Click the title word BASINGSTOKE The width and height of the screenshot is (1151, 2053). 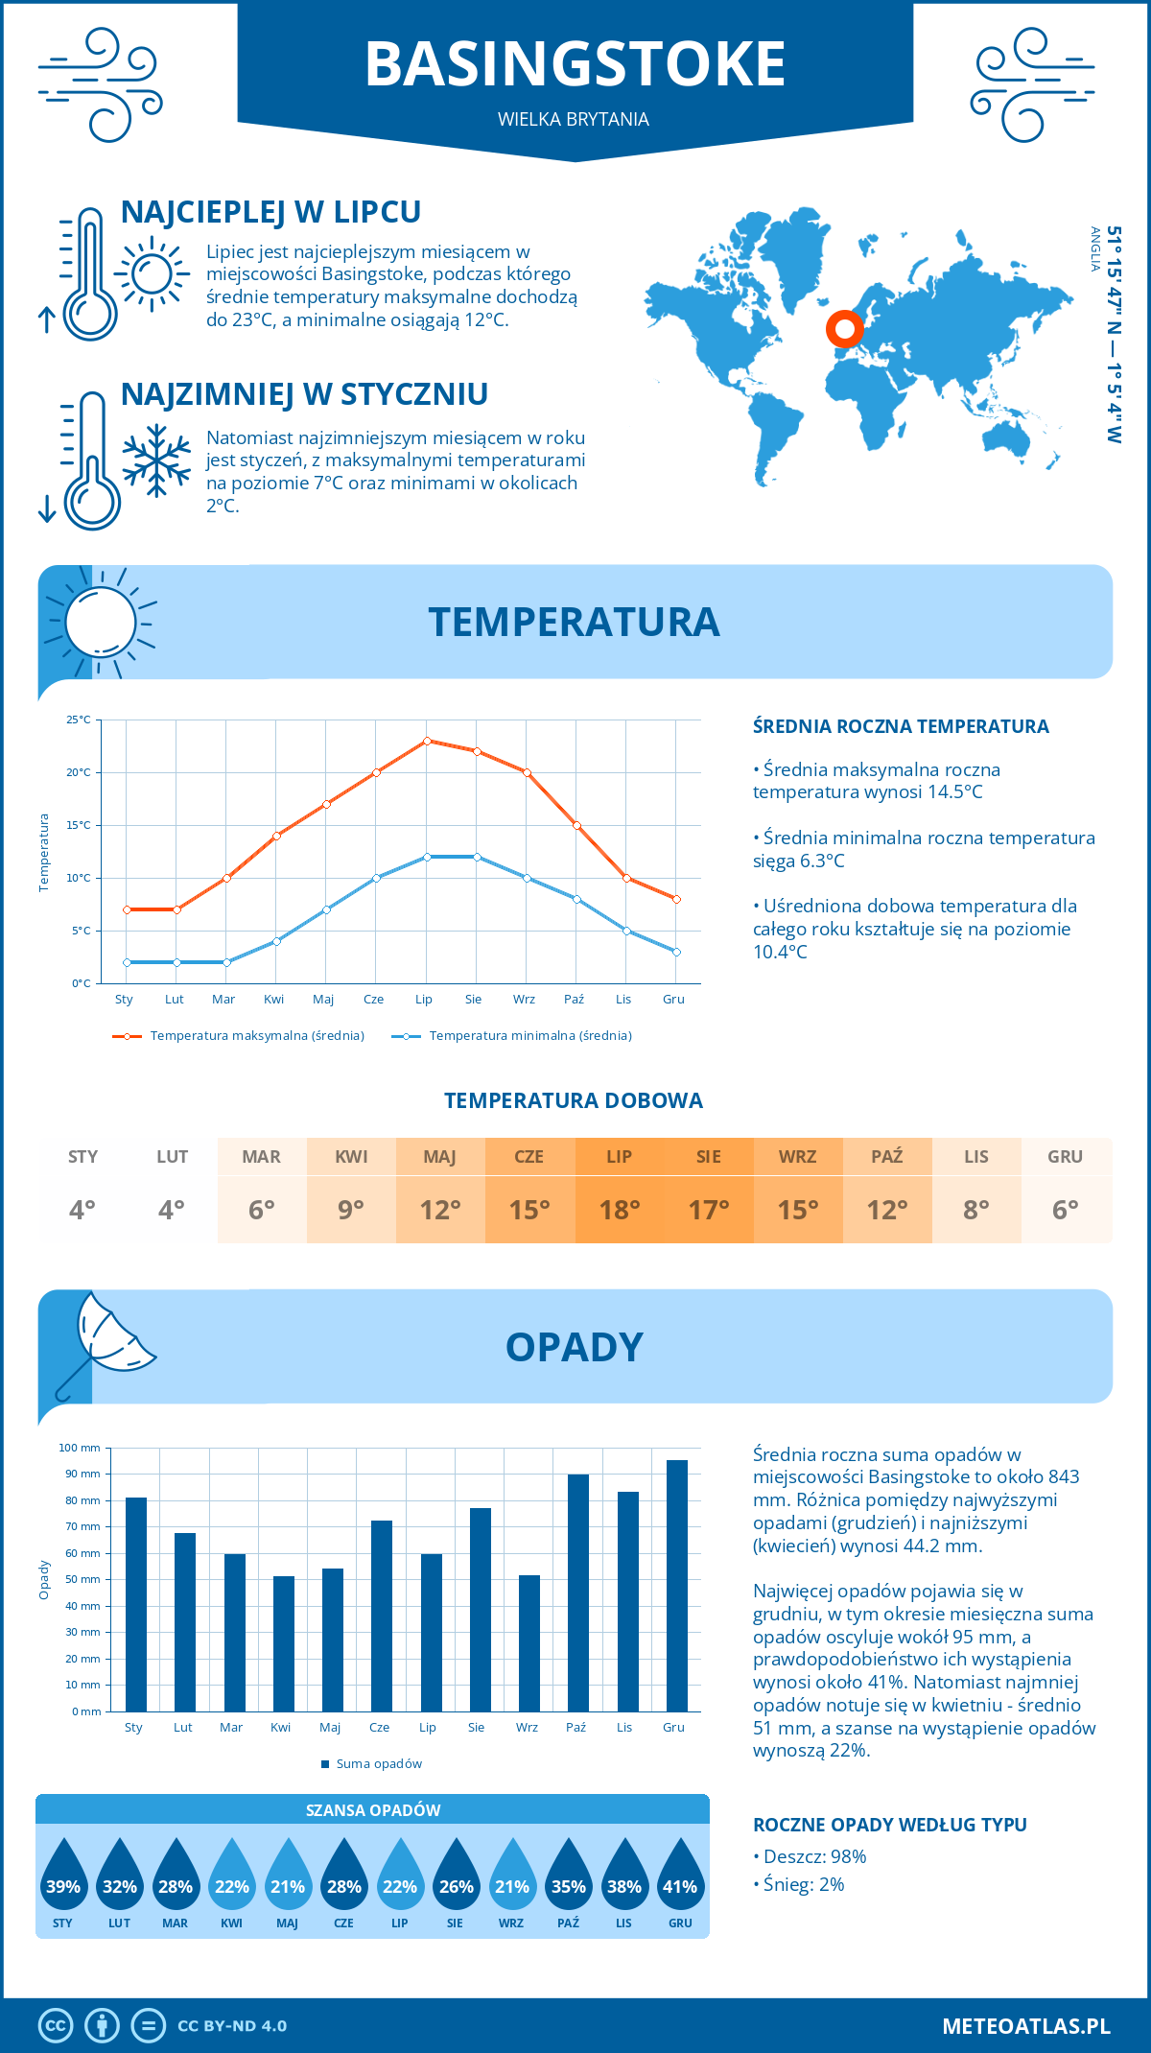click(575, 64)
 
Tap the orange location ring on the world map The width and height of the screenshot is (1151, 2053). click(845, 329)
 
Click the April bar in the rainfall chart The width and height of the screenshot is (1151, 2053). click(283, 1643)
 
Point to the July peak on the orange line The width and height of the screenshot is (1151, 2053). click(427, 741)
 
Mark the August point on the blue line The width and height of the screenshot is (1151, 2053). click(477, 857)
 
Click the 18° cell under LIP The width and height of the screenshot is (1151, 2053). click(619, 1210)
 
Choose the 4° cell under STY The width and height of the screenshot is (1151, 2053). click(82, 1210)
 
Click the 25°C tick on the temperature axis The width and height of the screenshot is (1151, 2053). click(79, 720)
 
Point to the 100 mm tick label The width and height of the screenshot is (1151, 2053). click(80, 1448)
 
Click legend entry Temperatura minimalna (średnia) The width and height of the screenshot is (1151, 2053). click(529, 1036)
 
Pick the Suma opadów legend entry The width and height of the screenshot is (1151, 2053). click(379, 1763)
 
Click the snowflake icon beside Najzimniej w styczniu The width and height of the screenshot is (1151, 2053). click(156, 460)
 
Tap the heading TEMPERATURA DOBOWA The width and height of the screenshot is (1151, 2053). click(574, 1100)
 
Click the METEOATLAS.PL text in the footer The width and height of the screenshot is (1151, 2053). click(1025, 2025)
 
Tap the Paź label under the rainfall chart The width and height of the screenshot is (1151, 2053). click(575, 1727)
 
